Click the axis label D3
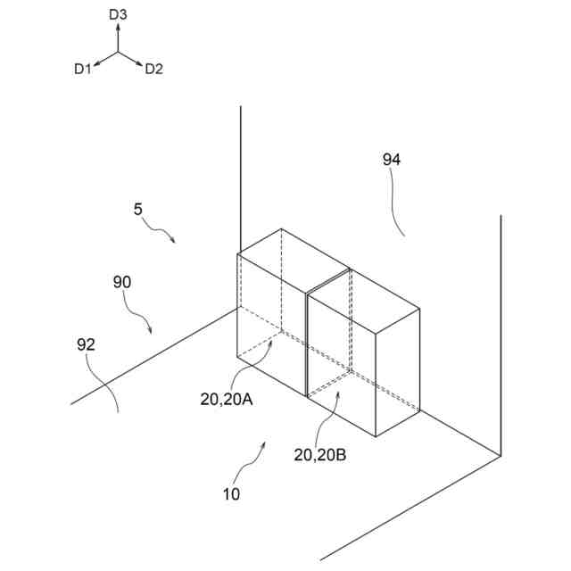tap(119, 14)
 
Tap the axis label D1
tap(83, 69)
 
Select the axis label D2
tap(154, 69)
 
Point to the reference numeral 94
tap(392, 160)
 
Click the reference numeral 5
tap(137, 210)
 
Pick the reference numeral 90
tap(122, 282)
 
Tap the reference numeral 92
tap(86, 343)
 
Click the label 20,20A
tap(227, 400)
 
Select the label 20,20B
tap(320, 454)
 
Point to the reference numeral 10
tap(230, 493)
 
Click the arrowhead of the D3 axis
tap(119, 28)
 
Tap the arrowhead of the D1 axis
tap(96, 63)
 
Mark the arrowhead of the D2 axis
tap(140, 63)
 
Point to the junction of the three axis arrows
tap(119, 52)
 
